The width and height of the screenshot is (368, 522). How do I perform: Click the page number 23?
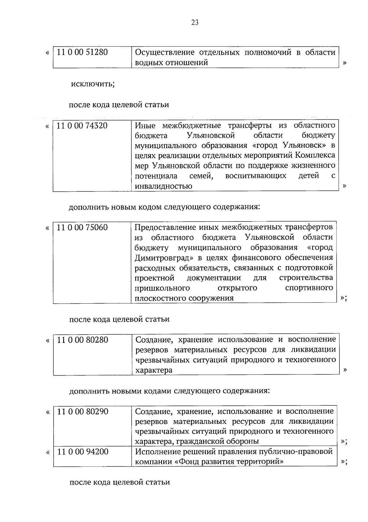point(195,22)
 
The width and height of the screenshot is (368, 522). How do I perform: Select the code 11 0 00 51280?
point(82,52)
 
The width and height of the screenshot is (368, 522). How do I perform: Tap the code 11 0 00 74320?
point(82,125)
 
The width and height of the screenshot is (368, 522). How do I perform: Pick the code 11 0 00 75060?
point(82,227)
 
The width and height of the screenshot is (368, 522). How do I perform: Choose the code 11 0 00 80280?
point(82,340)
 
